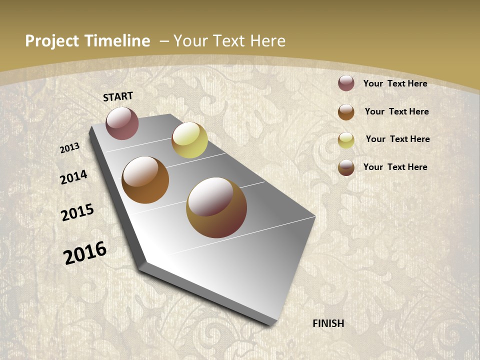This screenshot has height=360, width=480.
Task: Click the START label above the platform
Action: (118, 96)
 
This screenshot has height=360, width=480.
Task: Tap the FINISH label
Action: (328, 323)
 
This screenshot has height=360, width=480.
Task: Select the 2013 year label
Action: (69, 148)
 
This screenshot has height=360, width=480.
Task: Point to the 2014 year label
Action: (73, 177)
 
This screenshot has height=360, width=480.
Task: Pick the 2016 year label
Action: (85, 253)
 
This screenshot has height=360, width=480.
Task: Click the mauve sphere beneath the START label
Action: (122, 123)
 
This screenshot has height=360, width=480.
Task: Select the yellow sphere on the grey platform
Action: (189, 140)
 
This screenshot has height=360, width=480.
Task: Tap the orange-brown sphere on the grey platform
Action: (145, 180)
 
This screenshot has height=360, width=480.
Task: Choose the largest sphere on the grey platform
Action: (216, 207)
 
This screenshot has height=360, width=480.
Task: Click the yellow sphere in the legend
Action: (346, 140)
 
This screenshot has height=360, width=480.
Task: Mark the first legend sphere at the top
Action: (346, 83)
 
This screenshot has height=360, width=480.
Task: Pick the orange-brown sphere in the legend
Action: (346, 112)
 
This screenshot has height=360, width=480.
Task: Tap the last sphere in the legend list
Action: (346, 167)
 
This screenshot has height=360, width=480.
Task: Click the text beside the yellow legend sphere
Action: (397, 139)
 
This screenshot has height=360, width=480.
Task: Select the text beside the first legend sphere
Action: (395, 83)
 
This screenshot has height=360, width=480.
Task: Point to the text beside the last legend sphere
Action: (395, 167)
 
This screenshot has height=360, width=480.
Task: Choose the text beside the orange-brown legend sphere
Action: (396, 111)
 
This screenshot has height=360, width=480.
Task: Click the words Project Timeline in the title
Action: (87, 41)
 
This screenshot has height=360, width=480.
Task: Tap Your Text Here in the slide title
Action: (229, 41)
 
